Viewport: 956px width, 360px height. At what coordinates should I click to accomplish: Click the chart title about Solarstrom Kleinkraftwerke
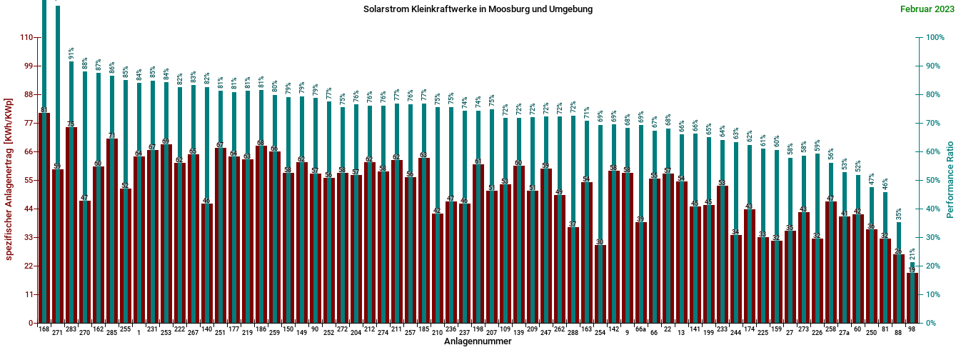478,9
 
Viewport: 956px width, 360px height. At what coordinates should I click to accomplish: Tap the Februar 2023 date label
926,9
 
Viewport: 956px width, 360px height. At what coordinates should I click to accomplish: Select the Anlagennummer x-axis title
478,341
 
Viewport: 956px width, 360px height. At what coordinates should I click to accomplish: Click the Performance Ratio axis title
950,179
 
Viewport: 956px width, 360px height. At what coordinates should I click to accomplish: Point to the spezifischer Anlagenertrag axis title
9,179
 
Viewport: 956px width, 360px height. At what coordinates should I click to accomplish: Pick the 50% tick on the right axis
935,180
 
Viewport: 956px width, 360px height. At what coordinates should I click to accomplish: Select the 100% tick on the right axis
937,37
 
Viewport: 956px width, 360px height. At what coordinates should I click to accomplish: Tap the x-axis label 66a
640,329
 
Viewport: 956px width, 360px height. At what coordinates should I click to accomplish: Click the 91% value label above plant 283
71,54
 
